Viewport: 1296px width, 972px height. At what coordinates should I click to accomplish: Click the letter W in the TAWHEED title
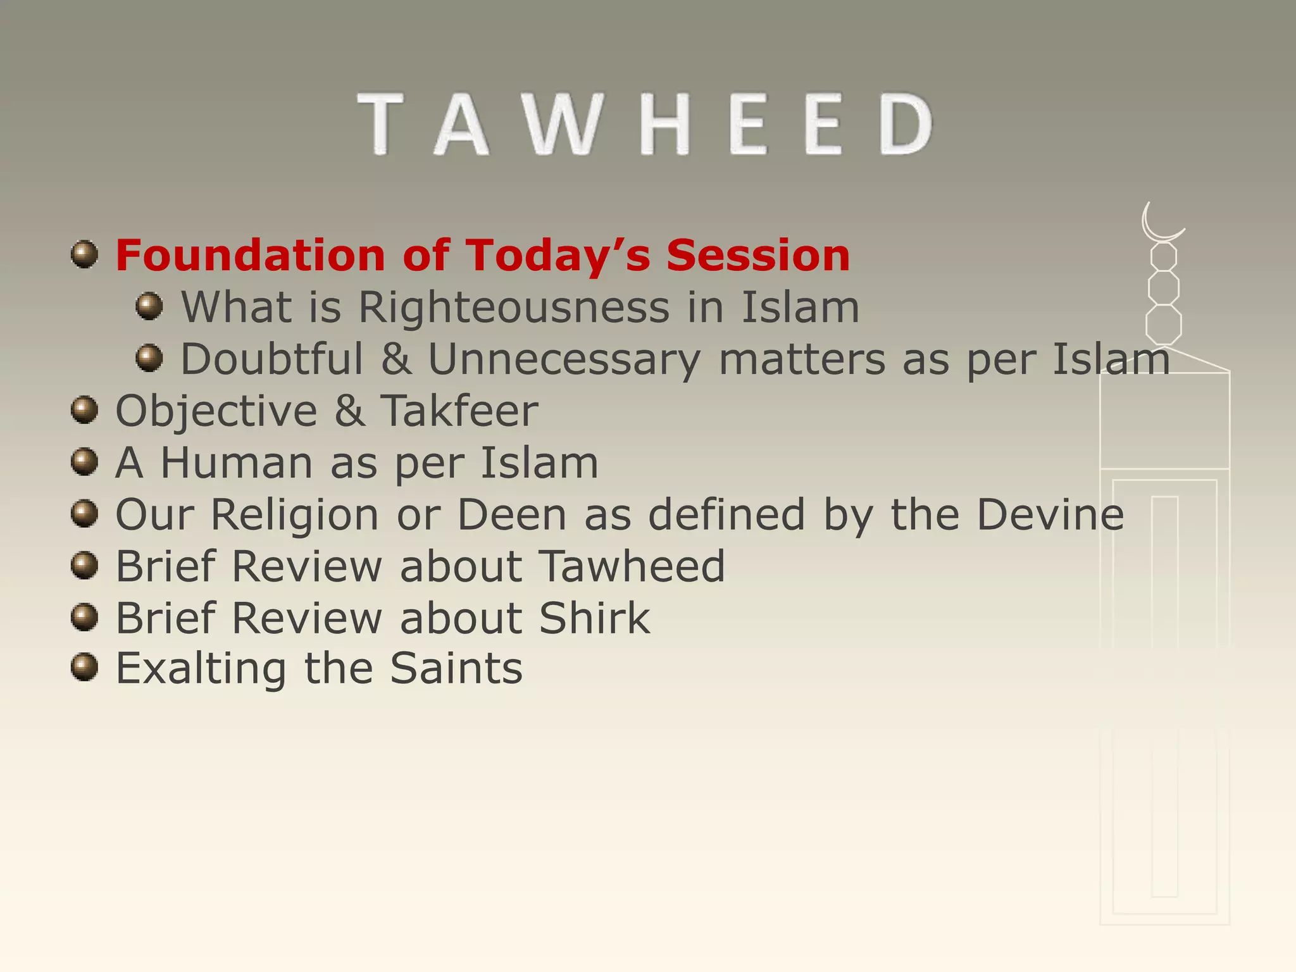tap(562, 124)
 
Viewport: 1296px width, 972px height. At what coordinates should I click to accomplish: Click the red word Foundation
tap(251, 256)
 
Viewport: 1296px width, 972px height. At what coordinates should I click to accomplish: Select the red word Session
tap(757, 256)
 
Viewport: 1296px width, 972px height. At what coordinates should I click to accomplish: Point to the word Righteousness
tap(514, 309)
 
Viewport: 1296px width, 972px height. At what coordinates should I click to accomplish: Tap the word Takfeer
tap(459, 411)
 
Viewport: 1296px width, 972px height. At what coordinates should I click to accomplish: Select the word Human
tap(237, 463)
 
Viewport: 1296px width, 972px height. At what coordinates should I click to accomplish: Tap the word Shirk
tap(594, 618)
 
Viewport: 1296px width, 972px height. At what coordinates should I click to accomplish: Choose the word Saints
tap(456, 669)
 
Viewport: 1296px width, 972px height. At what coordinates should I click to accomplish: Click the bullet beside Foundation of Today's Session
tap(84, 254)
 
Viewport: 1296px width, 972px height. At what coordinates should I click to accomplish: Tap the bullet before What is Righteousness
tap(149, 307)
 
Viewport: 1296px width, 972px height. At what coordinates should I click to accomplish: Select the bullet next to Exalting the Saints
tap(84, 668)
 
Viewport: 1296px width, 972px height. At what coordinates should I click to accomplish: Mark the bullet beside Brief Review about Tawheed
tap(84, 564)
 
